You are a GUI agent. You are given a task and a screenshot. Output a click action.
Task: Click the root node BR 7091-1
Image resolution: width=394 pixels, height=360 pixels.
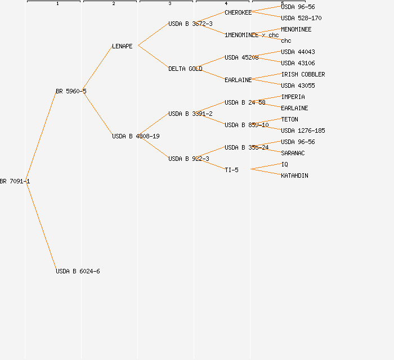[15, 181]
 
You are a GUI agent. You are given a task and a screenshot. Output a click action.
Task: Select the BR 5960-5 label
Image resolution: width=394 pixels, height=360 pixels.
[71, 91]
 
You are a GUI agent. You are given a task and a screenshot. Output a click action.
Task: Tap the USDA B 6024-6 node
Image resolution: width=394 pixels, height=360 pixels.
[78, 271]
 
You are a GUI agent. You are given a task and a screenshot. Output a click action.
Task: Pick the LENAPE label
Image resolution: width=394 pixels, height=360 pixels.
[122, 46]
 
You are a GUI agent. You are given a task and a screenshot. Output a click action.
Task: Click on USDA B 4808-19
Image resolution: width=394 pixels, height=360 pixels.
[136, 136]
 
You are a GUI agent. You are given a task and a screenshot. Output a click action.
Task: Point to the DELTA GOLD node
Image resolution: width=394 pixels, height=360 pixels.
[185, 69]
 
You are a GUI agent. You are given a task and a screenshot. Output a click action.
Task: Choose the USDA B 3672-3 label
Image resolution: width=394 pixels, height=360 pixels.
[190, 24]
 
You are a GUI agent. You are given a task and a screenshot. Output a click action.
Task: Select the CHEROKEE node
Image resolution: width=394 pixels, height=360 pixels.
[238, 12]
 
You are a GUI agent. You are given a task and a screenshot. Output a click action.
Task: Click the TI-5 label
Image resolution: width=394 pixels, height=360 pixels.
[231, 170]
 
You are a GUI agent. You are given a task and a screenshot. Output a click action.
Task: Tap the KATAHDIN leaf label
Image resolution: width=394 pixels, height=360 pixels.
[294, 175]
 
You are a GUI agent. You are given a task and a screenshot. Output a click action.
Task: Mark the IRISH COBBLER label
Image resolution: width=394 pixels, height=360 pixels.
[303, 74]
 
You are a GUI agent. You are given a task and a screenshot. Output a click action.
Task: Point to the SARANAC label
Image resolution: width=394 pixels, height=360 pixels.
[293, 153]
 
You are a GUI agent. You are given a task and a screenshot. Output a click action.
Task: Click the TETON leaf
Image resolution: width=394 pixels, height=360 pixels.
[289, 119]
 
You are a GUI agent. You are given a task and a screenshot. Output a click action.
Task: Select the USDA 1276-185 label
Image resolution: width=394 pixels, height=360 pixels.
[303, 130]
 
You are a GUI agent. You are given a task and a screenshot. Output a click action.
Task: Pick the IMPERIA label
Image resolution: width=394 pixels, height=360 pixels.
[293, 97]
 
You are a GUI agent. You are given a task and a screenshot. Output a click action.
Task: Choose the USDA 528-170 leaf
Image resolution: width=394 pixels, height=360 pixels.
[301, 18]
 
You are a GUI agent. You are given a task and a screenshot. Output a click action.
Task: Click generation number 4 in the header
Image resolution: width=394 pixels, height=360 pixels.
[226, 4]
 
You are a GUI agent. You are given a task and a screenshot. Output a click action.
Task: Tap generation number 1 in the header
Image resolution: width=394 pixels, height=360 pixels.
[57, 4]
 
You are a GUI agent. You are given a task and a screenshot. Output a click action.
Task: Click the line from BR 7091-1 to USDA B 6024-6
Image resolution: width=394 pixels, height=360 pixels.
[41, 226]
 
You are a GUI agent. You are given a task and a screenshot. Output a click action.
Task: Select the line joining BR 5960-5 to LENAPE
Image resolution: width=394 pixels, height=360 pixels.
[97, 69]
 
